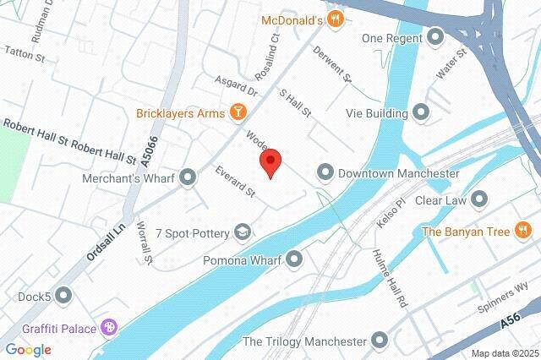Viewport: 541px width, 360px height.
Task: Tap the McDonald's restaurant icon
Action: click(336, 19)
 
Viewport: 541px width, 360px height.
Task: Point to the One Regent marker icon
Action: click(436, 37)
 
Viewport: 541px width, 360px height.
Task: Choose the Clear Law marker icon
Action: click(480, 200)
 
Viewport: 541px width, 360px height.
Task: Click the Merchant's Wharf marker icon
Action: click(188, 178)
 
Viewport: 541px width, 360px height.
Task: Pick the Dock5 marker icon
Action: click(64, 296)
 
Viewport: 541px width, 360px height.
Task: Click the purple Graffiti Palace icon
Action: click(108, 327)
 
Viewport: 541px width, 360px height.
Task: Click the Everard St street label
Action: click(235, 182)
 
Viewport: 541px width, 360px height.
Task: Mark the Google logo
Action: click(28, 349)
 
